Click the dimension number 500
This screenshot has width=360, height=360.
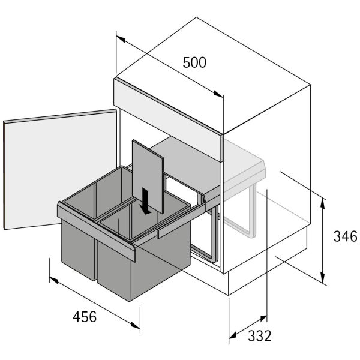point(194,62)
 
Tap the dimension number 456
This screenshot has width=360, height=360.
point(85,317)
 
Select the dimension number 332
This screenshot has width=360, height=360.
point(260,336)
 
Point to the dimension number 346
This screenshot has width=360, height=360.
point(346,236)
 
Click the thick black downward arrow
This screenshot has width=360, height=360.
point(145,201)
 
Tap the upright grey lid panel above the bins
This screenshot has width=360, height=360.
point(148,176)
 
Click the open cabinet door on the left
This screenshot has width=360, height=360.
point(60,169)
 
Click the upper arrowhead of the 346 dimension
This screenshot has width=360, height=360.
point(323,203)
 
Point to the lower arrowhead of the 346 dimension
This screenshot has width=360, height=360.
point(323,278)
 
